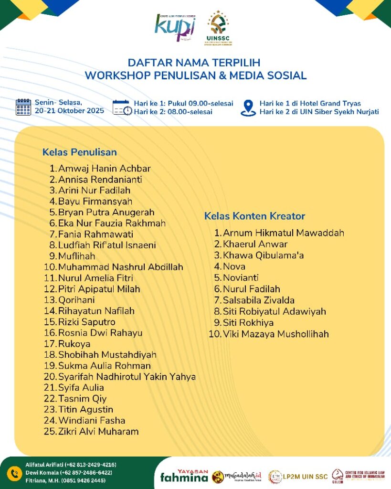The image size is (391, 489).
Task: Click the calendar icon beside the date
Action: tap(23, 107)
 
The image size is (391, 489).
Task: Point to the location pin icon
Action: tap(248, 107)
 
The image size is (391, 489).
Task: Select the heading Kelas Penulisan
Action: tap(80, 152)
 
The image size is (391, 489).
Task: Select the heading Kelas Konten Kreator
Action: tap(254, 216)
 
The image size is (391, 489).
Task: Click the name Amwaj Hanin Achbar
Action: tap(104, 169)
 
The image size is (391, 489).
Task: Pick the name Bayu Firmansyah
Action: tap(95, 202)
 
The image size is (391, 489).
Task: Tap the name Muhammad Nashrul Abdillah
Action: tap(120, 267)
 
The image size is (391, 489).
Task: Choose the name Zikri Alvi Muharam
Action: tap(98, 432)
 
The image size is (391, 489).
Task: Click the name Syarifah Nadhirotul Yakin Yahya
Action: tap(127, 377)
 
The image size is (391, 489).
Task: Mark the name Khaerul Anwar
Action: tap(255, 244)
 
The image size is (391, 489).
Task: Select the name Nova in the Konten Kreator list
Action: tap(234, 266)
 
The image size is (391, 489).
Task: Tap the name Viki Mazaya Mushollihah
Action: tap(276, 334)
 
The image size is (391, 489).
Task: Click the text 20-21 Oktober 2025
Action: tap(69, 111)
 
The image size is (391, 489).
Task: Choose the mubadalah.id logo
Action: tap(237, 476)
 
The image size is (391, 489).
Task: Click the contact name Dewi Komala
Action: tap(42, 472)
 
